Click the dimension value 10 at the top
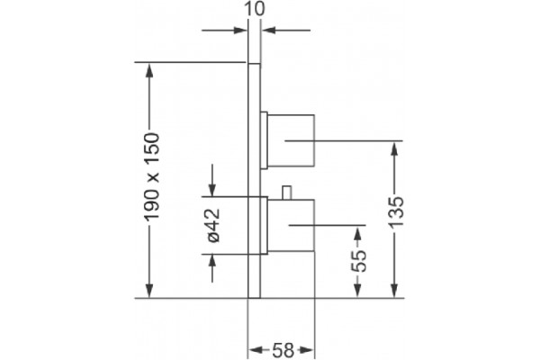255,9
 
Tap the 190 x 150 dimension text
152,176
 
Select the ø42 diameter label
213,226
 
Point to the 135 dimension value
396,211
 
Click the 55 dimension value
359,261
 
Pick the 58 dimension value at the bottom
283,350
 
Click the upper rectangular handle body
291,140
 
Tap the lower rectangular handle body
291,225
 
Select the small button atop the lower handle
286,193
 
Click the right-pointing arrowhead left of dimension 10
240,31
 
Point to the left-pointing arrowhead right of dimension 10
268,31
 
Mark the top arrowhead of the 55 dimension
358,233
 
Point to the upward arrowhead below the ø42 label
212,262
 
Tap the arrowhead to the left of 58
256,350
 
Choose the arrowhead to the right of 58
307,350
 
